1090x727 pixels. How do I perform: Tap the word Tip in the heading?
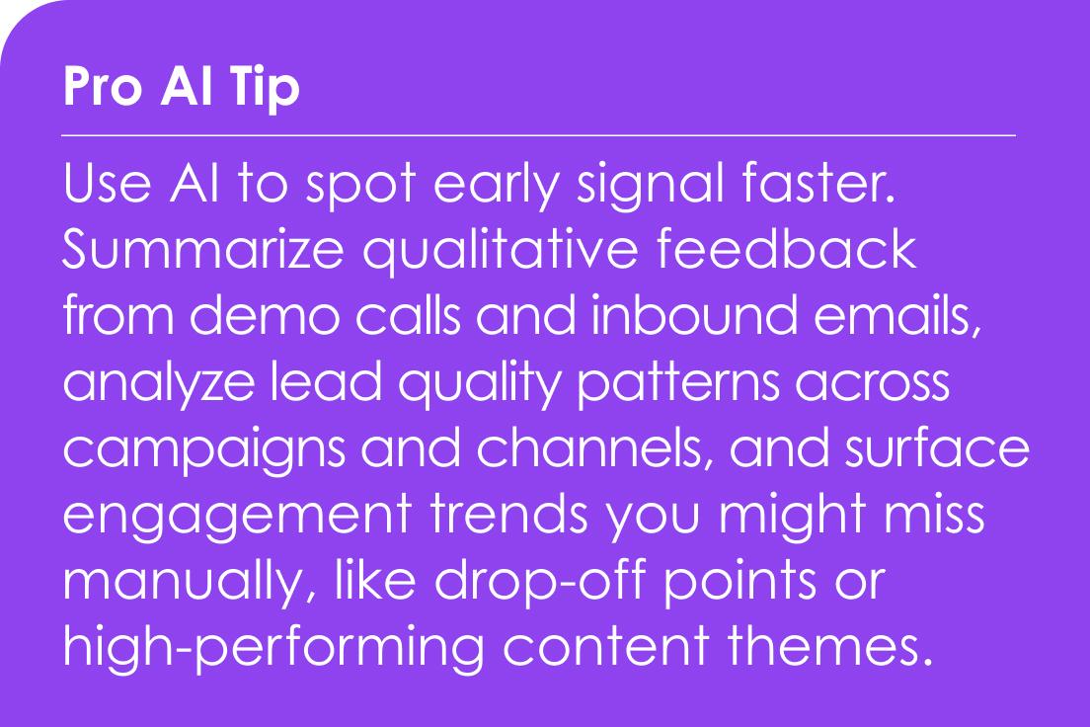tap(266, 88)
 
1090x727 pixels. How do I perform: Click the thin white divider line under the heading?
tap(539, 135)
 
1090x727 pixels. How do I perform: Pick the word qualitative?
tap(500, 251)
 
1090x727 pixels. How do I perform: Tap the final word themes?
tap(830, 646)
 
